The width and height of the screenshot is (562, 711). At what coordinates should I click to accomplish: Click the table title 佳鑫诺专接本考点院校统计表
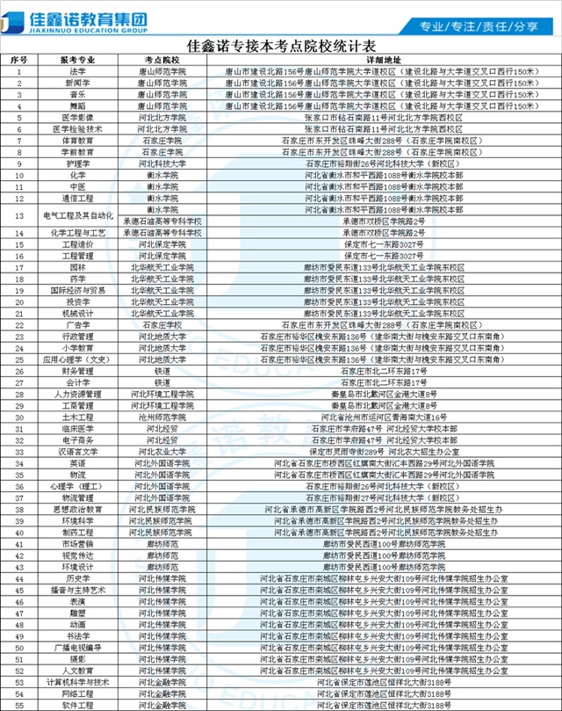[282, 43]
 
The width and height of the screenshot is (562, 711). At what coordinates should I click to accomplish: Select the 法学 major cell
[78, 70]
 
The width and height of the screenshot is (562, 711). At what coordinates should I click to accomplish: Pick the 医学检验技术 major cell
[78, 128]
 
